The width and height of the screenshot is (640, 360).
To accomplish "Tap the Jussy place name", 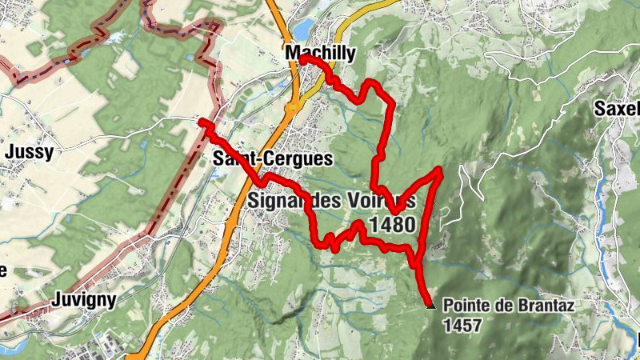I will pyautogui.click(x=29, y=152).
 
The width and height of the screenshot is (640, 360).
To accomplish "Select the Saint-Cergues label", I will pyautogui.click(x=273, y=159).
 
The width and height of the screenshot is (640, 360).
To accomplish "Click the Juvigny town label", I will pyautogui.click(x=83, y=300).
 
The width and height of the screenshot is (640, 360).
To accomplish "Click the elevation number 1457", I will pyautogui.click(x=462, y=326).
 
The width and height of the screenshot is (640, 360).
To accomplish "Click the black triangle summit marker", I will pyautogui.click(x=430, y=305).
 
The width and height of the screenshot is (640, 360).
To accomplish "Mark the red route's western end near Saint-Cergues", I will pyautogui.click(x=203, y=122).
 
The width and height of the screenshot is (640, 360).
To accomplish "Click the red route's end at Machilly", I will pyautogui.click(x=304, y=60).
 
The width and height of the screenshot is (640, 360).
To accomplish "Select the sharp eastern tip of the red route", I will pyautogui.click(x=439, y=170).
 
